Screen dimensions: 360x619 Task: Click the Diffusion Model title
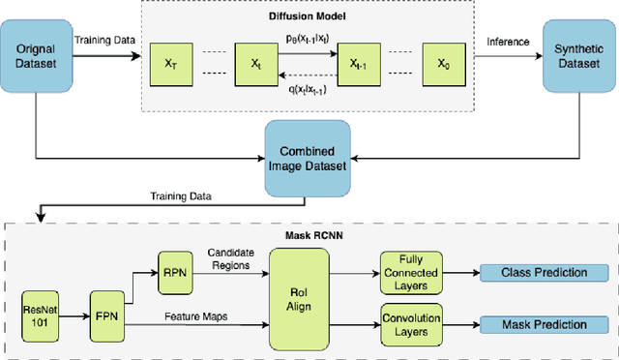coord(309,15)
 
